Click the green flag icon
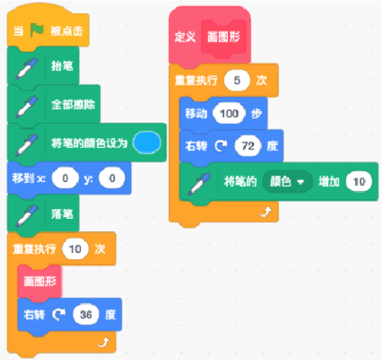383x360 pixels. [37, 30]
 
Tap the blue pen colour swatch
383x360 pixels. [147, 143]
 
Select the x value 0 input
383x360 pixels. [66, 178]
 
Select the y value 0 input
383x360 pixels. [113, 178]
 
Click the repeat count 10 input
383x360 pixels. [75, 249]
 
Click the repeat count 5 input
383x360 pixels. [237, 80]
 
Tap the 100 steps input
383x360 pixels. [229, 113]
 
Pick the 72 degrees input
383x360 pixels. [248, 146]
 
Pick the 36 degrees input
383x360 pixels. [86, 315]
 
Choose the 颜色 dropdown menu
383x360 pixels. [287, 182]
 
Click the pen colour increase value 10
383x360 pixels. [359, 182]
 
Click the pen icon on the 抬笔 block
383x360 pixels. [27, 69]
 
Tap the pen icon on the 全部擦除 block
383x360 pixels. [27, 106]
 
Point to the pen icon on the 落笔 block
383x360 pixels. [27, 216]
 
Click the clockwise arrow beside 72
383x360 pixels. [221, 146]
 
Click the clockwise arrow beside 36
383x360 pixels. [59, 315]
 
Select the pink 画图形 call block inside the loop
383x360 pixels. [39, 282]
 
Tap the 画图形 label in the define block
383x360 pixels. [223, 37]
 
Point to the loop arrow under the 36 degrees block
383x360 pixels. [104, 342]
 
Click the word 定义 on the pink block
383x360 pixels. [185, 37]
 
